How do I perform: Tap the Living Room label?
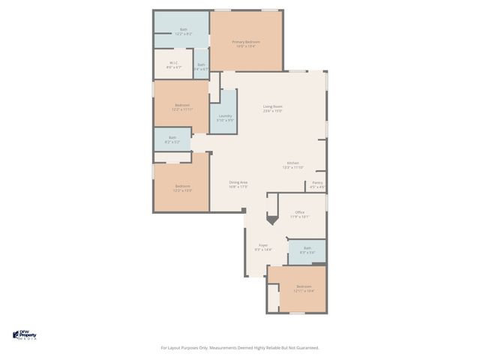pyautogui.click(x=272, y=109)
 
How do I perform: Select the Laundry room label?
pyautogui.click(x=224, y=118)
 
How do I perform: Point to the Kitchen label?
pyautogui.click(x=292, y=165)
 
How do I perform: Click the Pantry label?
pyautogui.click(x=317, y=184)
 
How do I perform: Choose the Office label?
pyautogui.click(x=299, y=214)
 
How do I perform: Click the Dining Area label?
pyautogui.click(x=238, y=184)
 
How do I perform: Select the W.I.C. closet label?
pyautogui.click(x=173, y=64)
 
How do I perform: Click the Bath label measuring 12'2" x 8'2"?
pyautogui.click(x=183, y=31)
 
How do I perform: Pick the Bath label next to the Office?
pyautogui.click(x=307, y=250)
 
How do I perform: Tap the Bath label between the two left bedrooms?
pyautogui.click(x=172, y=139)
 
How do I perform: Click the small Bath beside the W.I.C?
pyautogui.click(x=201, y=67)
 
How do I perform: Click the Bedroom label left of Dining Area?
pyautogui.click(x=183, y=187)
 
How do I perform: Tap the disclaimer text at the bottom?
pyautogui.click(x=240, y=347)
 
